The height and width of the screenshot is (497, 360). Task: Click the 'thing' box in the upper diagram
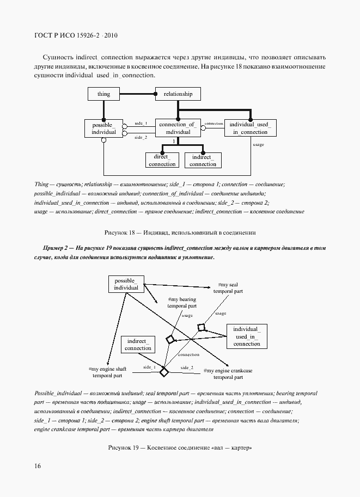point(103,94)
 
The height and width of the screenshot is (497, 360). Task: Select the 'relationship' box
point(178,94)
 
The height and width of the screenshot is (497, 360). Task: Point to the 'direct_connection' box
point(162,160)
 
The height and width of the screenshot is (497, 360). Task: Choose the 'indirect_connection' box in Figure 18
point(203,160)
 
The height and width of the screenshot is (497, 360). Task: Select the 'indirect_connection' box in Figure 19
point(138,345)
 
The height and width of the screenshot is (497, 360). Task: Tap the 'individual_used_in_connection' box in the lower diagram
point(247,336)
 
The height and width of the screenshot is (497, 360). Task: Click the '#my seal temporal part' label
point(228,288)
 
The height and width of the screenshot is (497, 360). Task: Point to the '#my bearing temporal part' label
point(181,303)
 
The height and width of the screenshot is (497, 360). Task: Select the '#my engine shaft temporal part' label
point(107,373)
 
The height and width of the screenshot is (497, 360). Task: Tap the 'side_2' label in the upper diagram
point(141,138)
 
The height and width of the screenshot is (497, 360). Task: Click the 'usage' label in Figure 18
point(258,145)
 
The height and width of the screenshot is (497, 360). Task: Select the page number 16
point(38,466)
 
